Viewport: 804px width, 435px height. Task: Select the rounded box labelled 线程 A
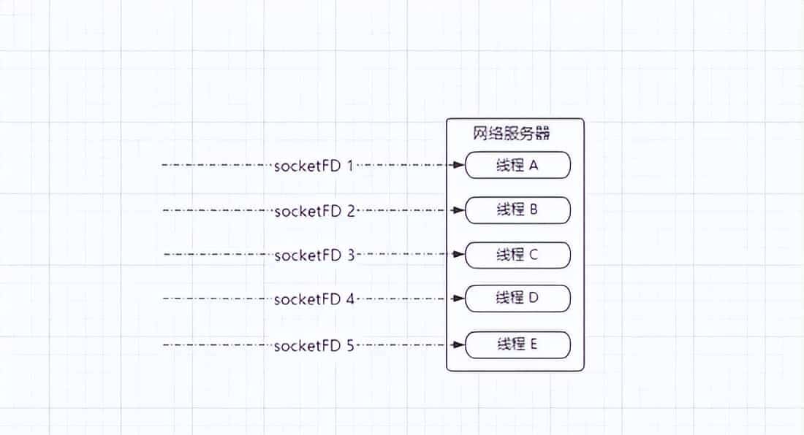(x=517, y=166)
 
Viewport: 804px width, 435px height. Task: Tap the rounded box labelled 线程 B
(x=517, y=210)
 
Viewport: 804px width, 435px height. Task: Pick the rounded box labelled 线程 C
(x=517, y=255)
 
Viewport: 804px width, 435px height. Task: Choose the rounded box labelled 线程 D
(x=517, y=299)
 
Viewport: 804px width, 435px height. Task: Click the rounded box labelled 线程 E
(x=517, y=344)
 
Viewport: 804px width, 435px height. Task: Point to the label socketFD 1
(x=314, y=166)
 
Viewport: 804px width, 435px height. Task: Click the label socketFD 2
(x=314, y=211)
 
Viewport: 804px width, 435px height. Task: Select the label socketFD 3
(x=314, y=255)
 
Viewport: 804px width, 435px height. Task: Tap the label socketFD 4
(x=314, y=299)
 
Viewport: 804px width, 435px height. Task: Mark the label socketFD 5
(x=314, y=345)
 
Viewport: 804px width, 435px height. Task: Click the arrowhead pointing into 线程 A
(x=459, y=166)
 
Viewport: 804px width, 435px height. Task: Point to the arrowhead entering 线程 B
(x=459, y=210)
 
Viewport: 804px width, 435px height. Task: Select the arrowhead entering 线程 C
(x=459, y=255)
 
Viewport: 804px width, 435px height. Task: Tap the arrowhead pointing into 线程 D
(x=459, y=299)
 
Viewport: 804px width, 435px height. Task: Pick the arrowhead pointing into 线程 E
(x=459, y=344)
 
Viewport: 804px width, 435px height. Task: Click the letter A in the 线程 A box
(x=534, y=166)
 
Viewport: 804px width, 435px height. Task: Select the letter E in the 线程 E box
(x=534, y=344)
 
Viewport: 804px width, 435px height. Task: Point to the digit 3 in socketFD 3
(x=350, y=255)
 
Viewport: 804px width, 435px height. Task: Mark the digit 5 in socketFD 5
(x=350, y=345)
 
